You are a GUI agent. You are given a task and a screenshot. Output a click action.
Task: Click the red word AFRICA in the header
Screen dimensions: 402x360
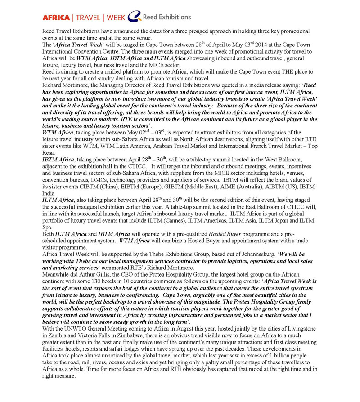point(56,18)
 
